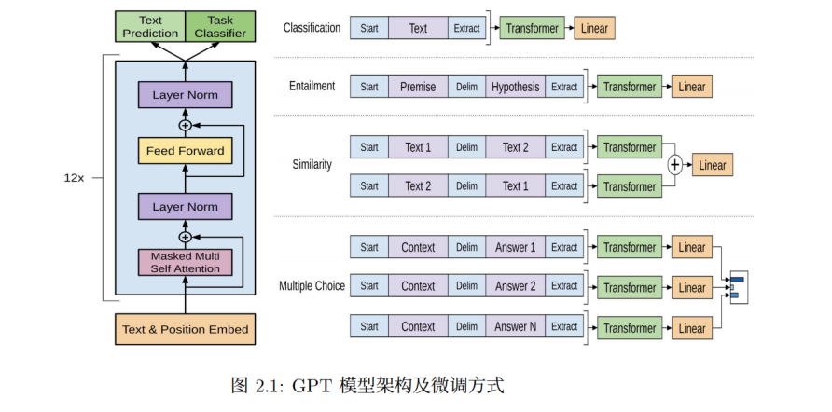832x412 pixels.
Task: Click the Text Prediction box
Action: tap(150, 27)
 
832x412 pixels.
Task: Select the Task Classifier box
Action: tap(220, 27)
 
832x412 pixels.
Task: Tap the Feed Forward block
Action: tap(185, 150)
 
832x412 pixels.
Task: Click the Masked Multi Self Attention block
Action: tap(185, 262)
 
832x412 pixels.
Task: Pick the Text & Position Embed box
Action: tap(185, 329)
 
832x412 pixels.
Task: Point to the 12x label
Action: tap(74, 178)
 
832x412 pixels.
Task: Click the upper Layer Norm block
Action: tap(185, 95)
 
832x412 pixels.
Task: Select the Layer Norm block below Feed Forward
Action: tap(185, 207)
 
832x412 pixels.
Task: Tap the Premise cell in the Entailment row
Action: tap(418, 87)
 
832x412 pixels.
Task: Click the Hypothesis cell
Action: tap(515, 87)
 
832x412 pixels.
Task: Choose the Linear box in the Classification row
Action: tap(594, 28)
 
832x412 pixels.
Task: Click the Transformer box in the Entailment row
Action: tap(630, 87)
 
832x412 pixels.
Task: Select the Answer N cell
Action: tap(515, 327)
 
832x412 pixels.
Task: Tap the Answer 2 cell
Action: tap(515, 286)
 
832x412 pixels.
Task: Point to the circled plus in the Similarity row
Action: tap(675, 165)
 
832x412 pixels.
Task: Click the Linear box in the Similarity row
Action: tap(712, 166)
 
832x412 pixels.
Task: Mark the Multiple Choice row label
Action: tap(312, 285)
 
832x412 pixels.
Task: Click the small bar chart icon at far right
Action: tap(738, 287)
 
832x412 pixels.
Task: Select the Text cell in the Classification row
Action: tap(418, 28)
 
